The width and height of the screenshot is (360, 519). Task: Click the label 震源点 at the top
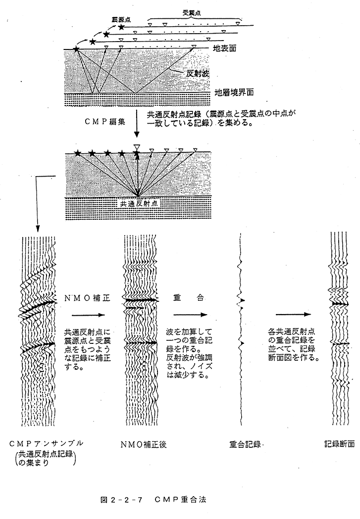[x=122, y=19]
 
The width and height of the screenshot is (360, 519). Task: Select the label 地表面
[x=224, y=48]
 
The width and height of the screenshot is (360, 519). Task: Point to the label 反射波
[x=198, y=74]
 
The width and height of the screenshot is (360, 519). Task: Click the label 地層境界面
[x=234, y=93]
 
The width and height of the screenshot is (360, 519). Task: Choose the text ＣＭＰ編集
[x=105, y=122]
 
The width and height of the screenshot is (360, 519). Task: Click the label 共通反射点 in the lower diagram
[x=138, y=203]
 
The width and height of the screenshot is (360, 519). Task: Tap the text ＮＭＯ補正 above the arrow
[x=87, y=298]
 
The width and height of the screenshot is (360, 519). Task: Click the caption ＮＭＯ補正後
[x=144, y=444]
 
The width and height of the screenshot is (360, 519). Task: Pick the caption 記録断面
[x=339, y=443]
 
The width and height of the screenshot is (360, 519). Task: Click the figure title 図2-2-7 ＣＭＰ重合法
[x=153, y=500]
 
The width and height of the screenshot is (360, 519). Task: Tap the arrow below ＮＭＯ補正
[x=88, y=315]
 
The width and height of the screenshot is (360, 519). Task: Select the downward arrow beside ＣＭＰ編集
[x=137, y=124]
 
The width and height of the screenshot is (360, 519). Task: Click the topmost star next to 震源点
[x=121, y=27]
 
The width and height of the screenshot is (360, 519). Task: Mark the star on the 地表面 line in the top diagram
[x=76, y=49]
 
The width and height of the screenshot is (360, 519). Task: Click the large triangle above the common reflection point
[x=137, y=147]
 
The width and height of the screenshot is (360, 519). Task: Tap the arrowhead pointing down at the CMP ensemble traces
[x=38, y=229]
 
